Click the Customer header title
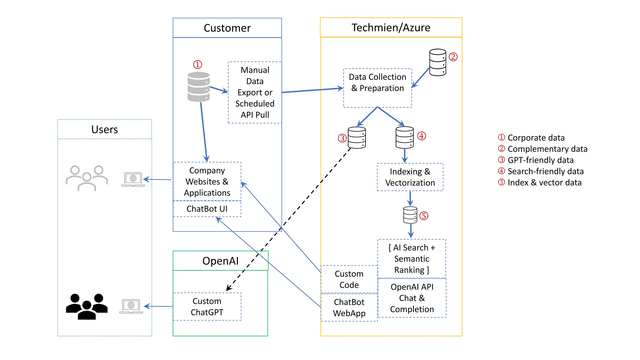click(x=227, y=28)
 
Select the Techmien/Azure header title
click(x=391, y=27)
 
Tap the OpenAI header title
click(x=220, y=261)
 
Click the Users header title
click(x=104, y=129)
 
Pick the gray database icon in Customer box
click(x=198, y=87)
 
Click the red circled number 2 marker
click(x=453, y=57)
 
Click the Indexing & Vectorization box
click(x=410, y=177)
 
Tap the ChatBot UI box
click(x=207, y=209)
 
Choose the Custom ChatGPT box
click(x=207, y=307)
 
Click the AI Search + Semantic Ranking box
click(x=412, y=259)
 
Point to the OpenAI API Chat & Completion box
click(x=412, y=298)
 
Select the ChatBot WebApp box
click(x=349, y=307)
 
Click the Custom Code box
click(x=349, y=279)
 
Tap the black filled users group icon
click(x=87, y=307)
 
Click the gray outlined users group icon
click(x=87, y=178)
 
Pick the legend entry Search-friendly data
click(x=545, y=171)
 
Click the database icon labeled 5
click(x=410, y=215)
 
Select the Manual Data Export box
click(x=255, y=92)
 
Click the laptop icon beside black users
click(x=131, y=306)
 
